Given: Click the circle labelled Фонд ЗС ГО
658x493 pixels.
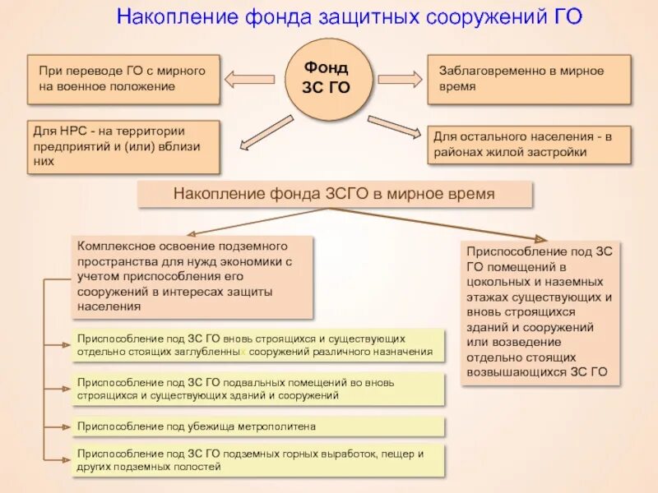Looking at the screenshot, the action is tap(327, 77).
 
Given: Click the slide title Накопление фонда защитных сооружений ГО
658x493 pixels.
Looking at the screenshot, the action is tap(349, 17).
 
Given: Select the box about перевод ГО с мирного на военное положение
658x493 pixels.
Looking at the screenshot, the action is tap(123, 79).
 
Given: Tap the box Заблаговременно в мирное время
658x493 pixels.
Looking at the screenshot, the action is tap(529, 79).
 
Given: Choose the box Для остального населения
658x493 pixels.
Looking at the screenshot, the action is tap(529, 145).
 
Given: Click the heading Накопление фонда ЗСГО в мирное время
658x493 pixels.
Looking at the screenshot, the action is tap(334, 195).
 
